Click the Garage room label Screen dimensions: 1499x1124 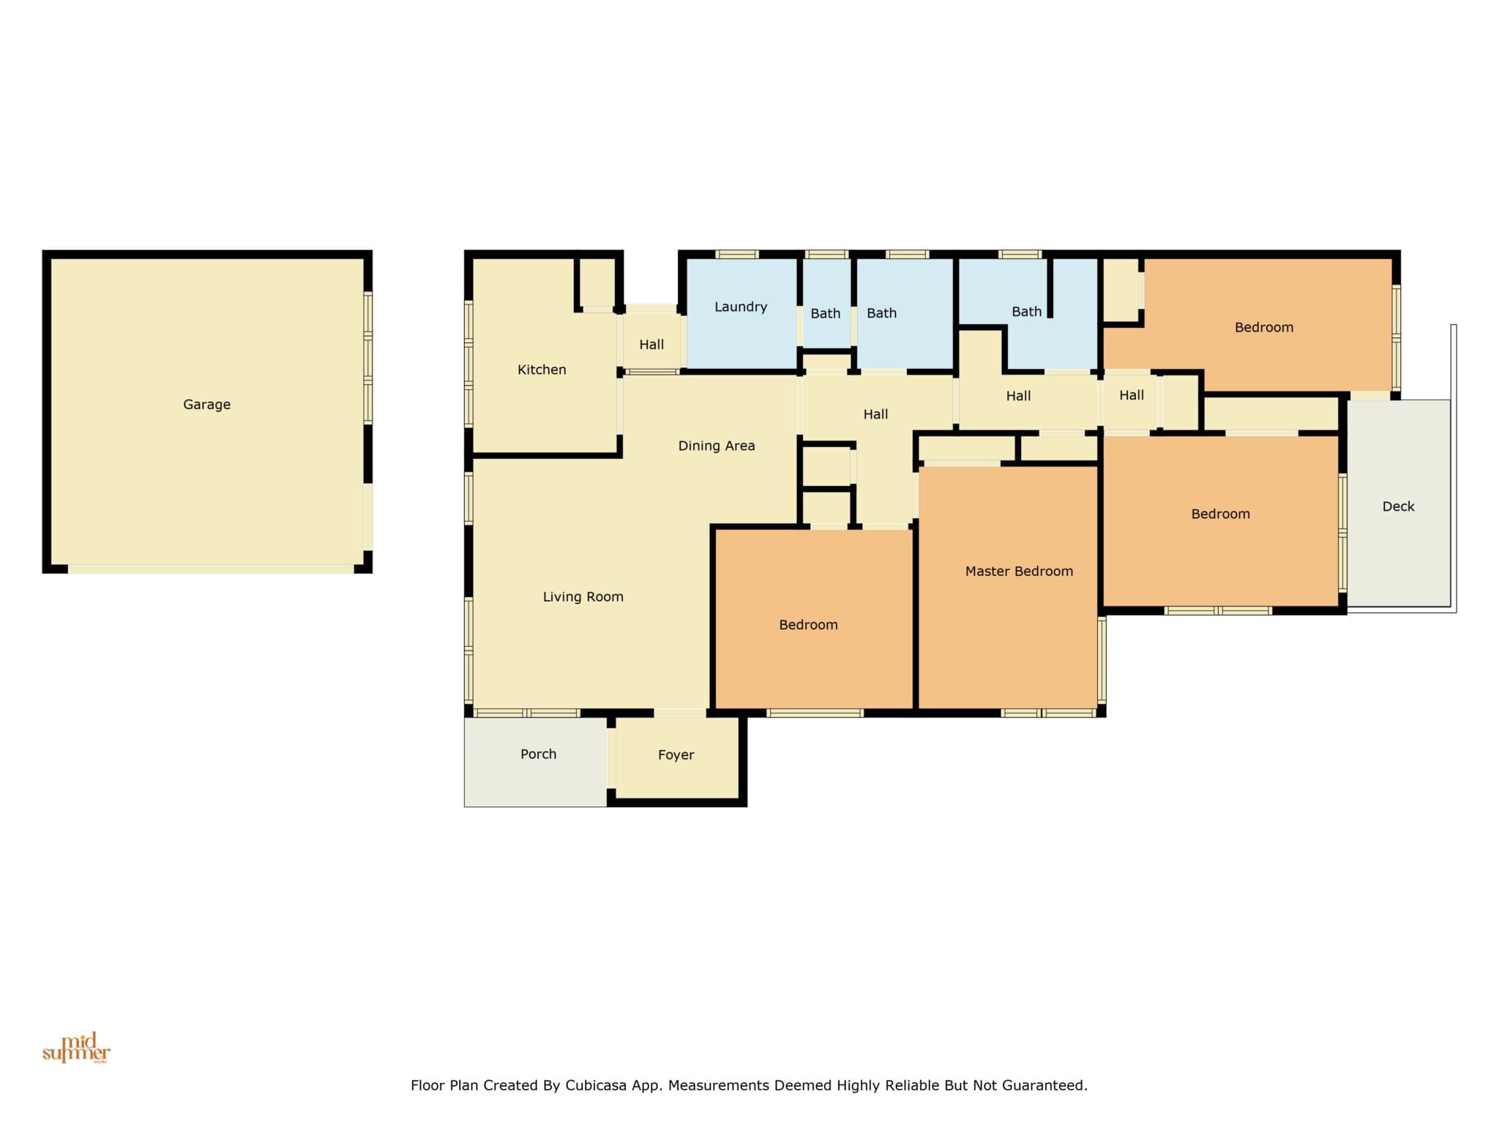(206, 405)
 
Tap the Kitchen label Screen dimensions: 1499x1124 (542, 370)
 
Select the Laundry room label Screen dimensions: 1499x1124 (741, 307)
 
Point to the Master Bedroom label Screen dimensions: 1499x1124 (1019, 572)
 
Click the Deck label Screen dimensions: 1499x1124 (1398, 506)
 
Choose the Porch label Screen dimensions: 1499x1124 (538, 754)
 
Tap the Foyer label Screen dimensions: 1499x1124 (676, 755)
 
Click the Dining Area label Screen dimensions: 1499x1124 (717, 446)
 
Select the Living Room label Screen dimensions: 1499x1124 (583, 597)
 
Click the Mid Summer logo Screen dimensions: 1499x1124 (76, 1048)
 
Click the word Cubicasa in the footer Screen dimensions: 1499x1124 (596, 1085)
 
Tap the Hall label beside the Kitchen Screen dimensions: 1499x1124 (651, 345)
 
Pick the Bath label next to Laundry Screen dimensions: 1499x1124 (826, 313)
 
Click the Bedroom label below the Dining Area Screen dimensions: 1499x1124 (808, 625)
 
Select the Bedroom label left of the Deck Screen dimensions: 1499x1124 (1220, 514)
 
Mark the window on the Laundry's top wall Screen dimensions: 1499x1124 (736, 255)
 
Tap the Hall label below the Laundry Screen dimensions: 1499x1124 (875, 414)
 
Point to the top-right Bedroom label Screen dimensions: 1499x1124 (1264, 327)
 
